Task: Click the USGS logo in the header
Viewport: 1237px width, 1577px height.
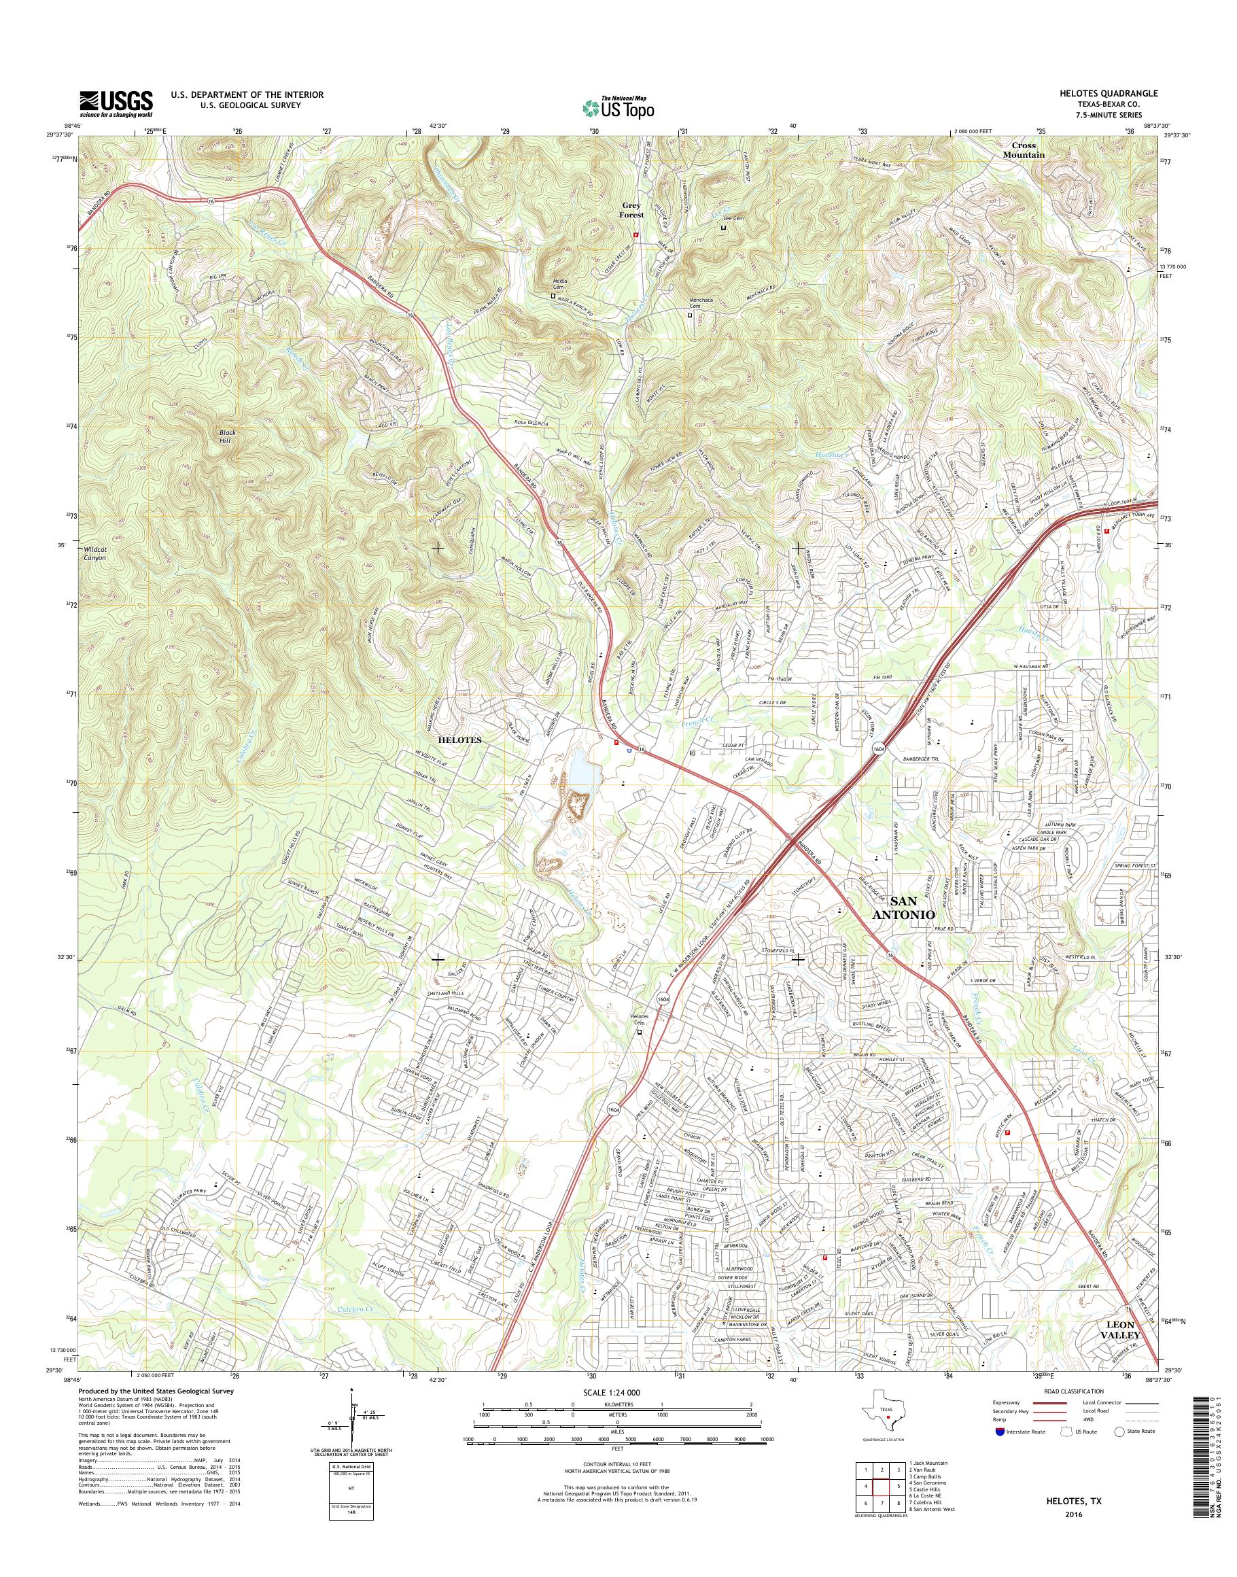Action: [116, 103]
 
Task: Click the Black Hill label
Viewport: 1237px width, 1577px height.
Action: [228, 437]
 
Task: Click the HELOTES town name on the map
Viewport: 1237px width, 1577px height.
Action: [459, 739]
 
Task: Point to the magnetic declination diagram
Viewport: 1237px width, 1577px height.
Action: [351, 1441]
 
